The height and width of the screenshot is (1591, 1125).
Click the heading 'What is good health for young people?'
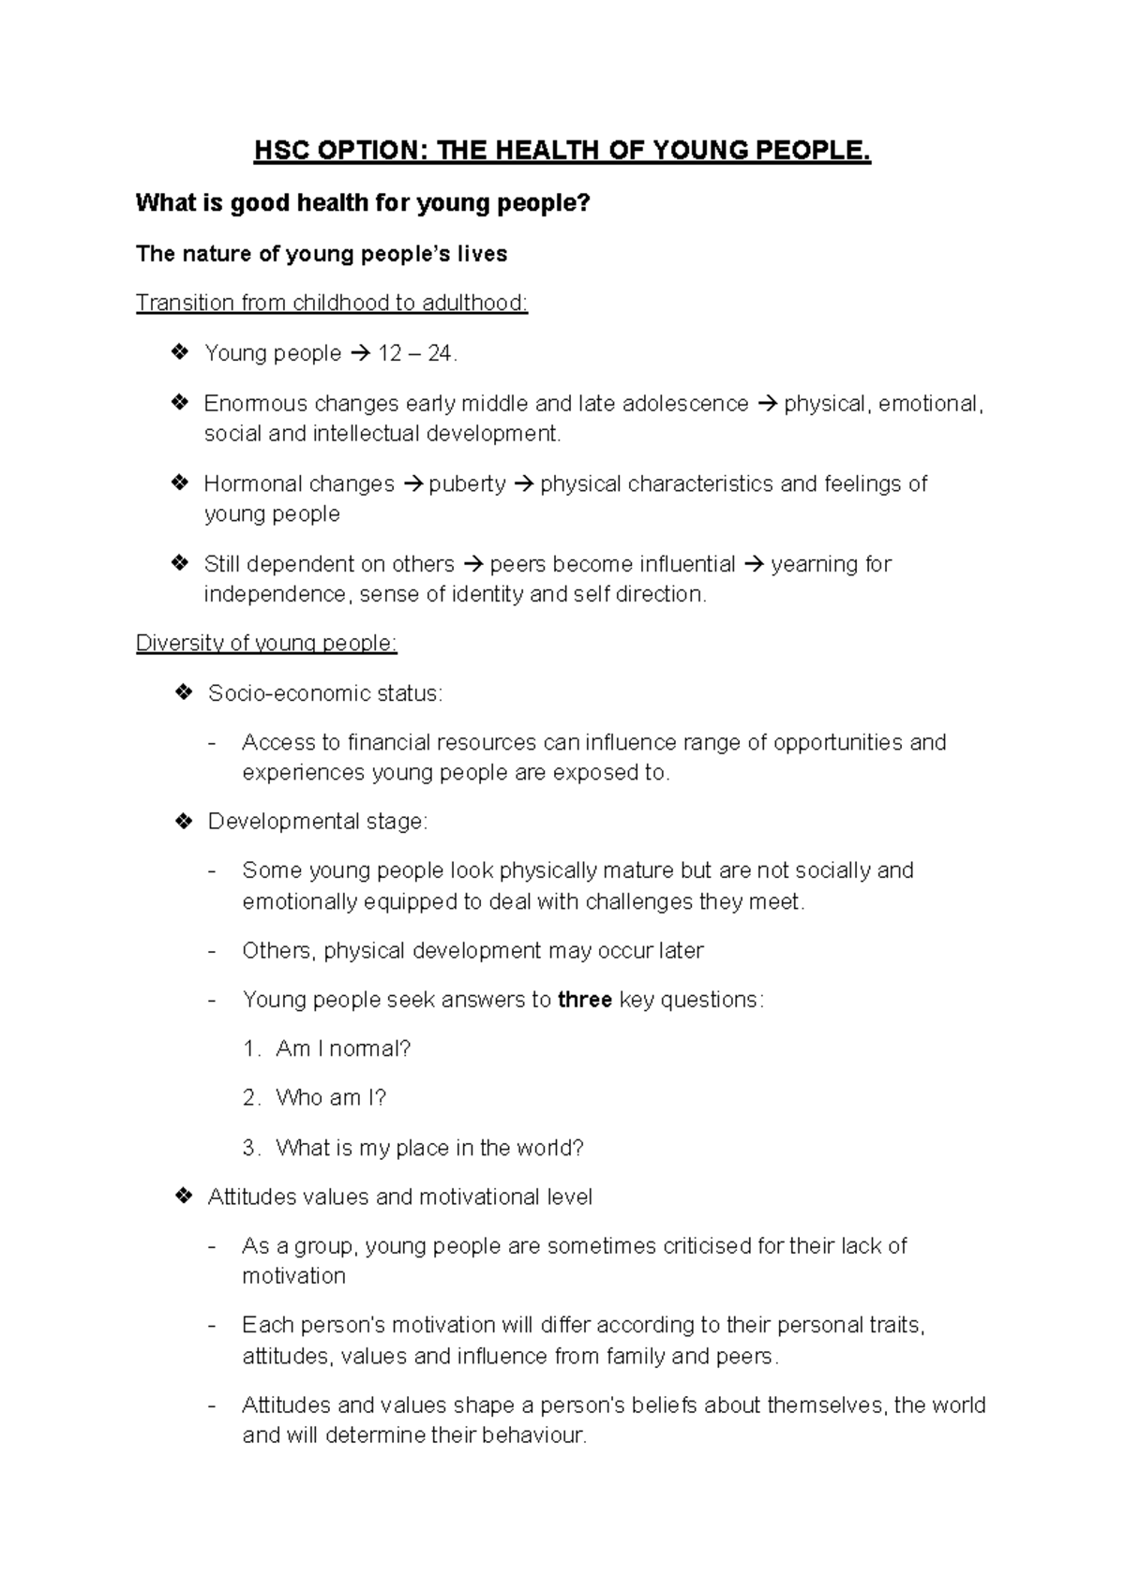pyautogui.click(x=364, y=202)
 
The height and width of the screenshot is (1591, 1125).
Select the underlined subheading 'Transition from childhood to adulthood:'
pyautogui.click(x=332, y=304)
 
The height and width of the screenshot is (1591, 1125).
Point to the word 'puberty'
pyautogui.click(x=467, y=484)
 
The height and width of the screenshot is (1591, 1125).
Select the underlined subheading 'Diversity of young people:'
pyautogui.click(x=266, y=644)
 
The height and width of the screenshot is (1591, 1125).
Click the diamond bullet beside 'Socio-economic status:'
pyautogui.click(x=184, y=693)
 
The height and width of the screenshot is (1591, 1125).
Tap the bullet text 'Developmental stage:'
pyautogui.click(x=317, y=822)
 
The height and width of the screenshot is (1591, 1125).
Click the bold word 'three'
pyautogui.click(x=585, y=1000)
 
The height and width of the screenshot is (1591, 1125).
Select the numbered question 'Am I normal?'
pyautogui.click(x=343, y=1048)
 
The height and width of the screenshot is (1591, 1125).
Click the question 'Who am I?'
pyautogui.click(x=331, y=1098)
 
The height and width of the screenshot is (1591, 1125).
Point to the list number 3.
pyautogui.click(x=249, y=1148)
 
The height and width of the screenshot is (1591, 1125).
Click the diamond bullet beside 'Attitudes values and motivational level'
pyautogui.click(x=184, y=1197)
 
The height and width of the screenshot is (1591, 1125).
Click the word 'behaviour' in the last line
pyautogui.click(x=532, y=1435)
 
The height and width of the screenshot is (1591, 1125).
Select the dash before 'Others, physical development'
pyautogui.click(x=212, y=951)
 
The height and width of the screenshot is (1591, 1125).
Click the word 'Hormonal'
pyautogui.click(x=252, y=484)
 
